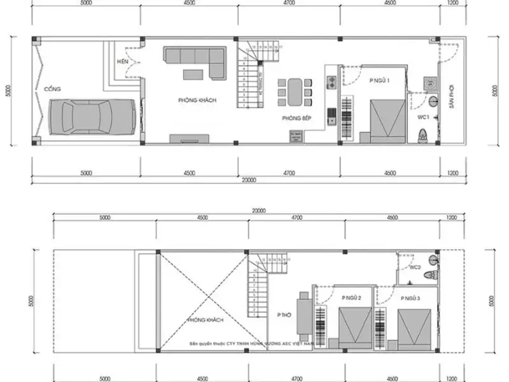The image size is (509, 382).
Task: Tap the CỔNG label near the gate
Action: coord(52,89)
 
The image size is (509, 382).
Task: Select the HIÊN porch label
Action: coord(123,62)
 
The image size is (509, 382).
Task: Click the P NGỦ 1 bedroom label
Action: coord(379,80)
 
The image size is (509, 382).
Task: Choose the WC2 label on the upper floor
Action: coord(415,267)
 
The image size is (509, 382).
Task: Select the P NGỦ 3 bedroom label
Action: coord(411,298)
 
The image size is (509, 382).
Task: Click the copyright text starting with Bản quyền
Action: coord(251,343)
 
